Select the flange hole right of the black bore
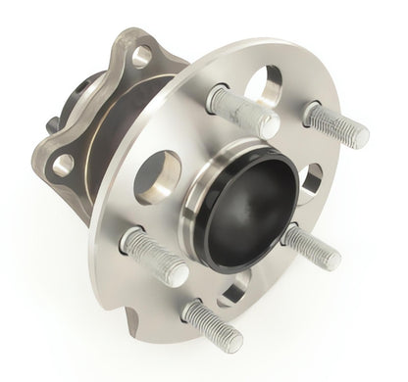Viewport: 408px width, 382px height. tap(312, 180)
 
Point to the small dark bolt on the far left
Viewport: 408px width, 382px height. tap(50, 125)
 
